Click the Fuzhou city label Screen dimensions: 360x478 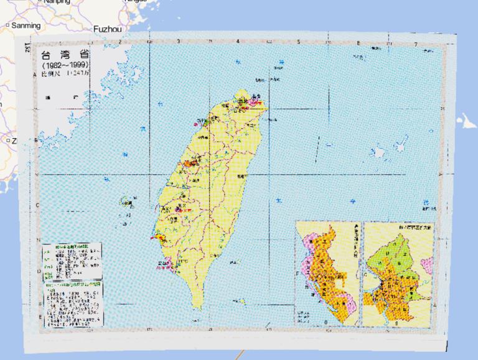pyautogui.click(x=109, y=28)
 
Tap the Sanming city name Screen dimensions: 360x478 pyautogui.click(x=26, y=25)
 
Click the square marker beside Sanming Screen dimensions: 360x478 pyautogui.click(x=7, y=25)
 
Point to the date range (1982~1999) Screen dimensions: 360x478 pyautogui.click(x=65, y=65)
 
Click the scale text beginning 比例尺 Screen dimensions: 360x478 pyautogui.click(x=64, y=73)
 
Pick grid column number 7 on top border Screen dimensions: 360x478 pyautogui.click(x=415, y=44)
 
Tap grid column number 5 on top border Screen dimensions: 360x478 pyautogui.click(x=299, y=42)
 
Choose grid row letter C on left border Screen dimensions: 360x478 pyautogui.click(x=37, y=206)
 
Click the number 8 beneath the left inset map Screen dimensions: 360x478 pyautogui.click(x=326, y=322)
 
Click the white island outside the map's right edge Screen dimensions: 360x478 pyautogui.click(x=464, y=121)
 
